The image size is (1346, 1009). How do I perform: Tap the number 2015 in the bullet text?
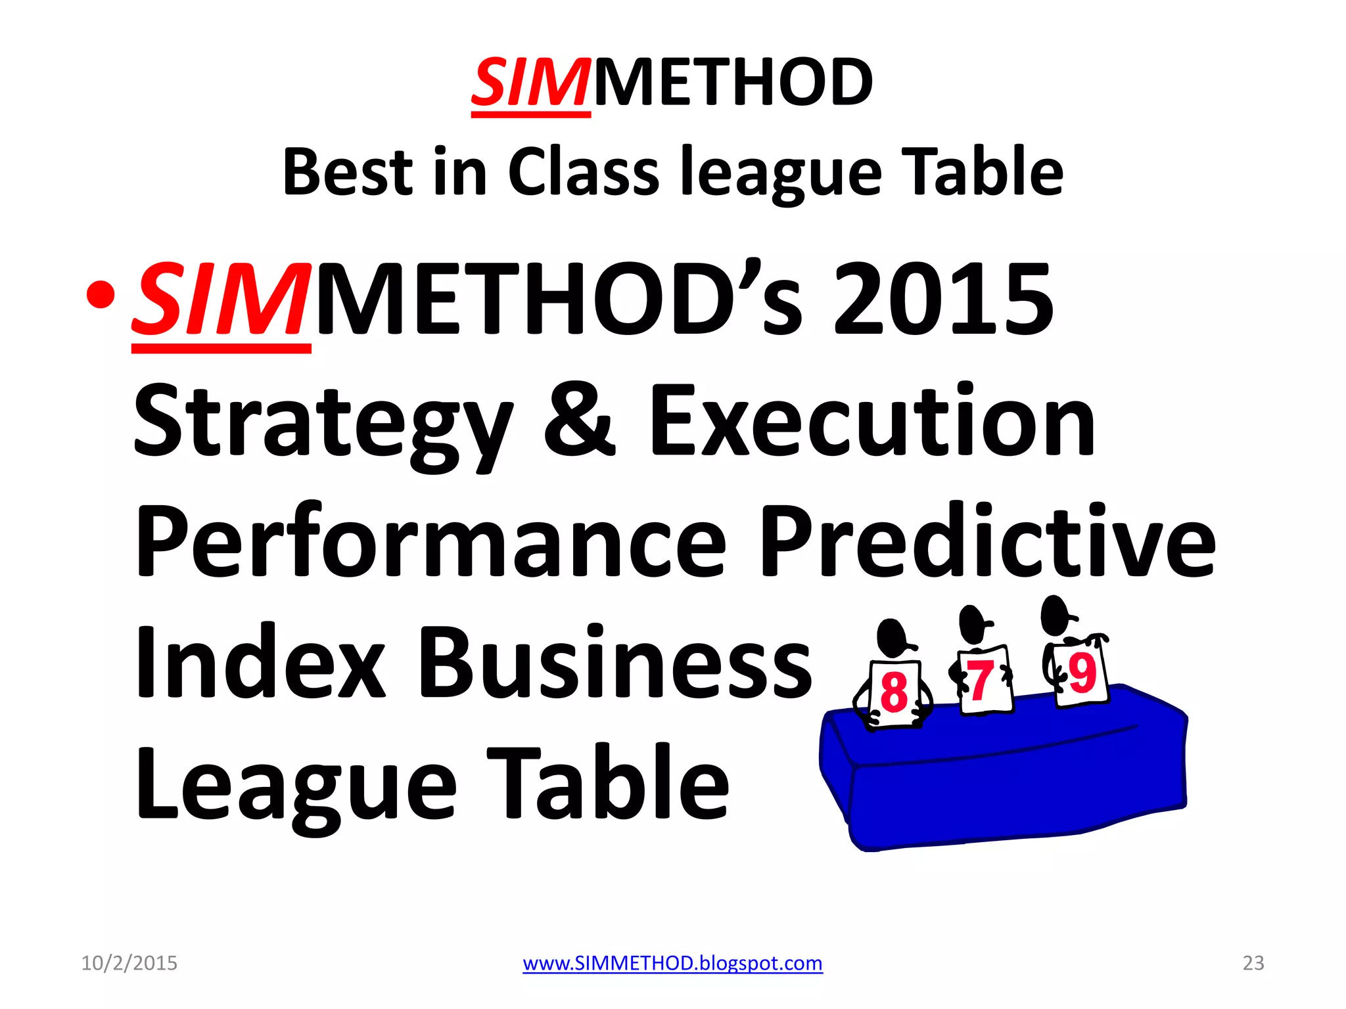[x=943, y=299]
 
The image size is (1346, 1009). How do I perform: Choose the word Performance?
[x=430, y=542]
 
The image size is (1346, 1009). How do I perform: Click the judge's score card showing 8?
[x=894, y=693]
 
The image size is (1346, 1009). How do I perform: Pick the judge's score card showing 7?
[x=984, y=681]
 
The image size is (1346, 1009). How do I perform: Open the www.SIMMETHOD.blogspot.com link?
[x=672, y=963]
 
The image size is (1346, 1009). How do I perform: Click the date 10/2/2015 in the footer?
[x=129, y=963]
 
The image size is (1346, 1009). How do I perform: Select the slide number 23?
[x=1253, y=963]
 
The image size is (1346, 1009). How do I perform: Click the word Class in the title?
[x=583, y=172]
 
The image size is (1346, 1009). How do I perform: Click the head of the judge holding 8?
[x=891, y=637]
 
